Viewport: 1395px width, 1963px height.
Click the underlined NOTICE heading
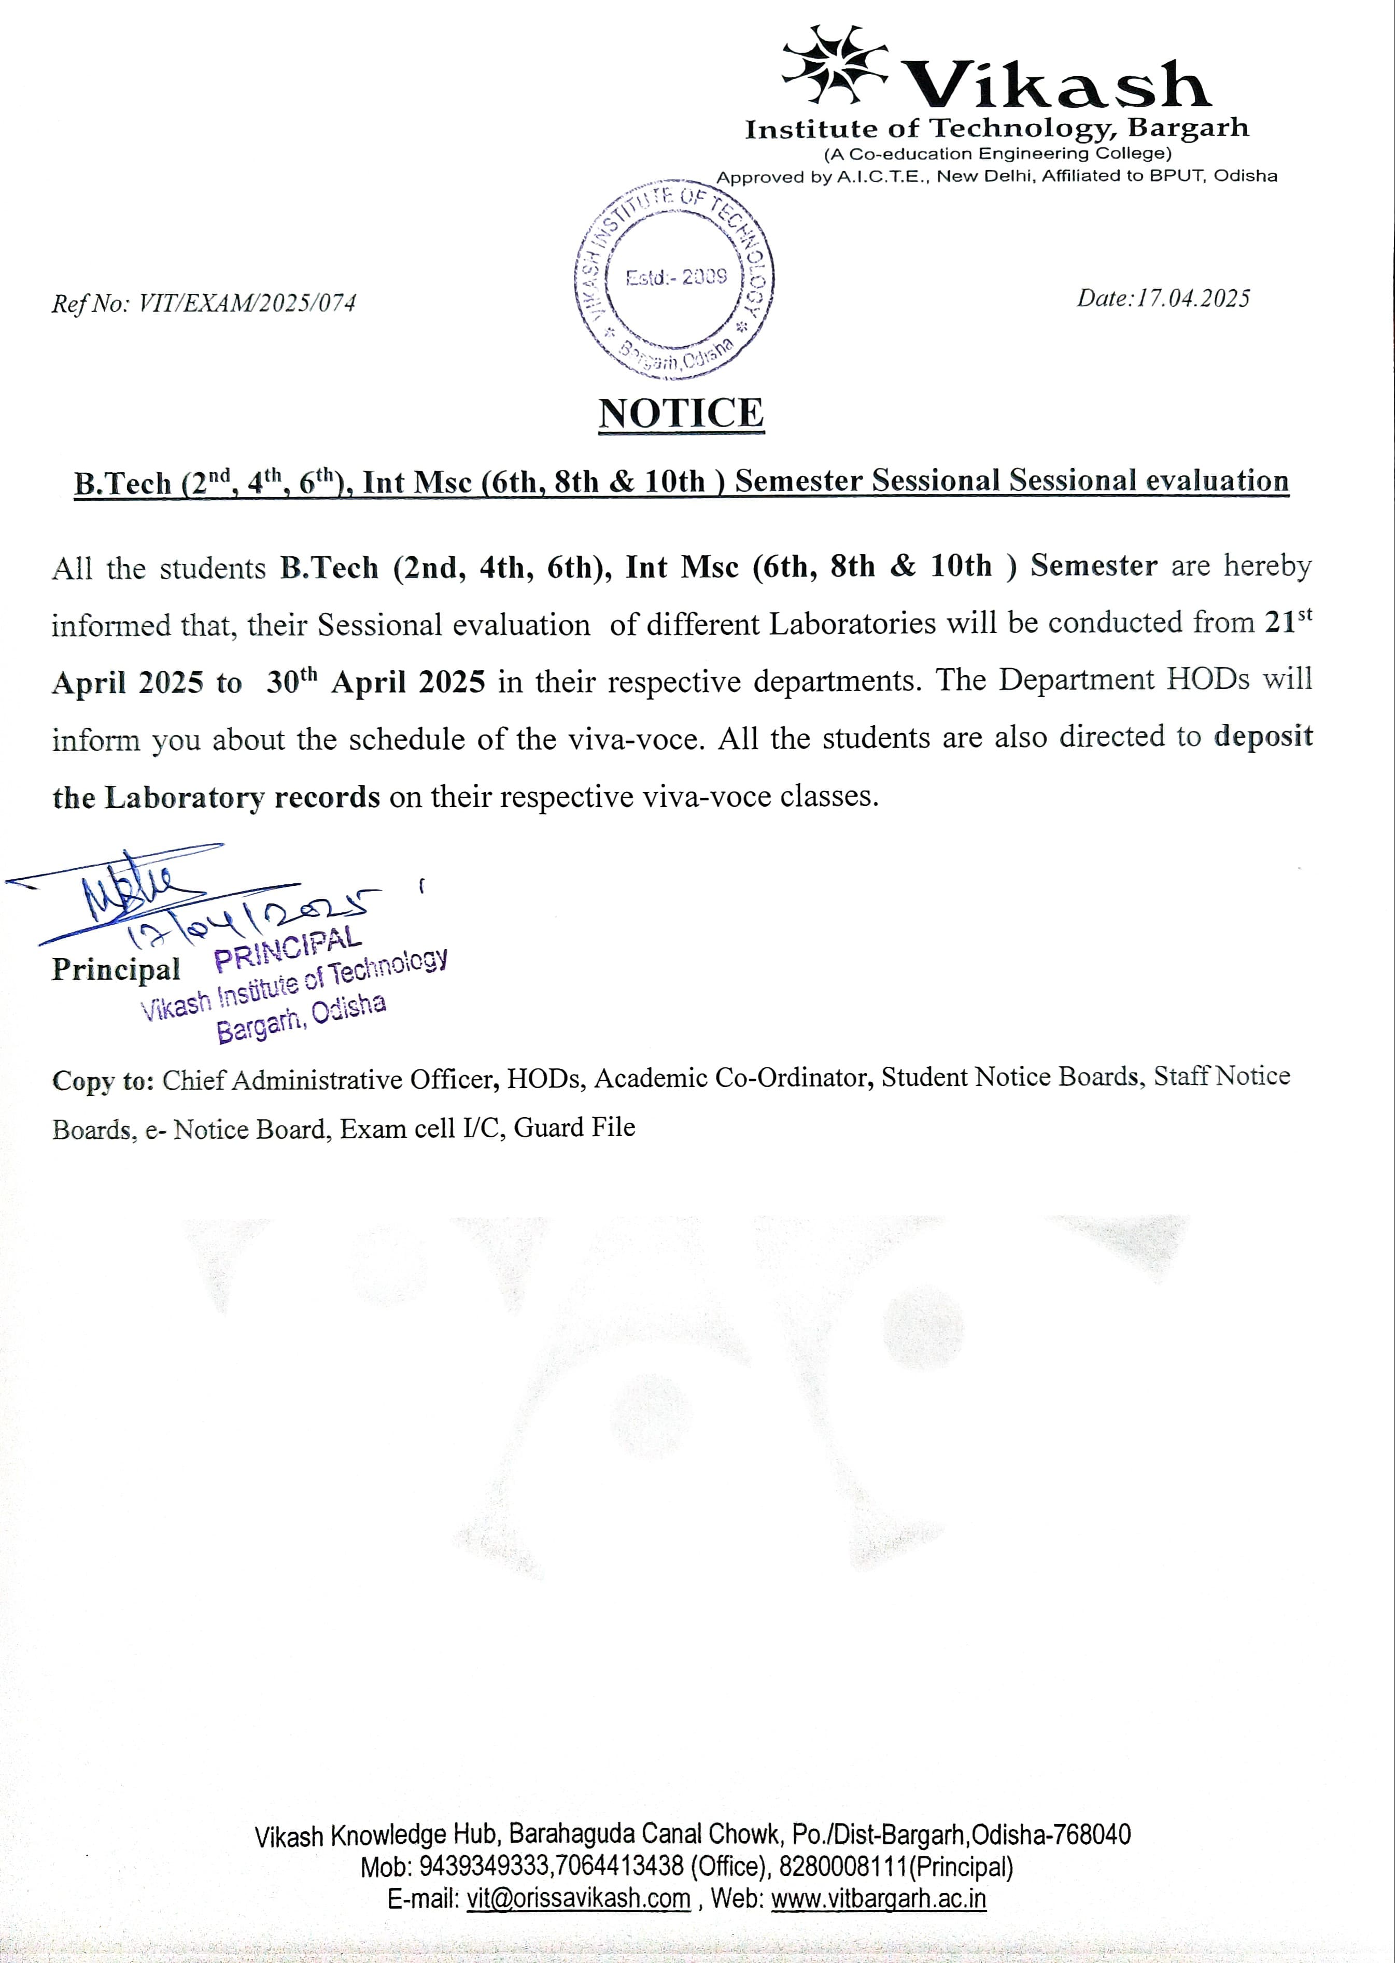tap(680, 413)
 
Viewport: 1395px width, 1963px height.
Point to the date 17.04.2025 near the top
tap(1193, 298)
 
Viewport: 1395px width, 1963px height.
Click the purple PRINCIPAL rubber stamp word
tap(284, 948)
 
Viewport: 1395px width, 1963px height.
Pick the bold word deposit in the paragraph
tap(1263, 737)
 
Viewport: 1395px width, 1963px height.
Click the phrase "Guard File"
tap(575, 1126)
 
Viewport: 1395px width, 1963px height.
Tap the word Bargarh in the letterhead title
tap(1188, 129)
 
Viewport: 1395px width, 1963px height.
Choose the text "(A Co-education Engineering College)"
tap(997, 154)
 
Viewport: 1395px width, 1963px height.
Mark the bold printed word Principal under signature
tap(116, 969)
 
